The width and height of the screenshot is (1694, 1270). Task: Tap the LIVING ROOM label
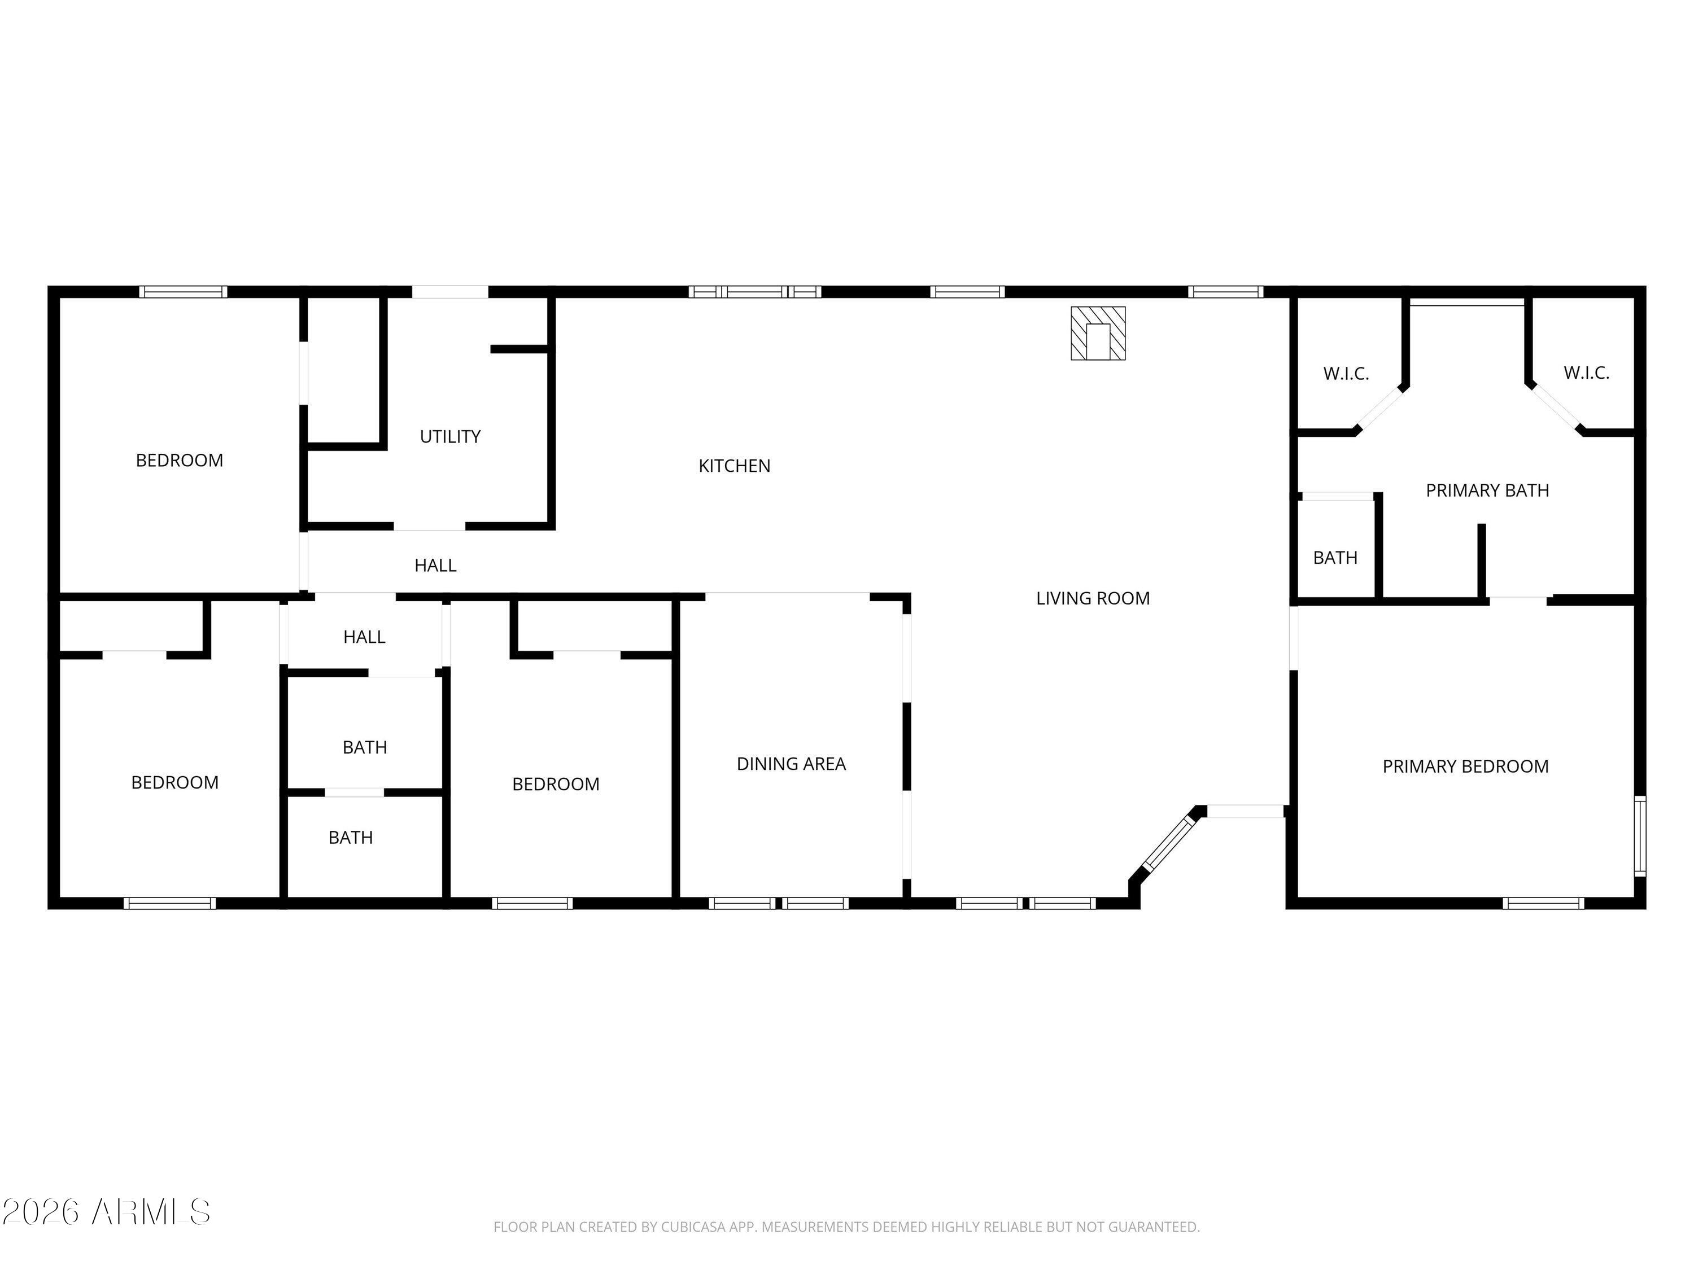pyautogui.click(x=1092, y=598)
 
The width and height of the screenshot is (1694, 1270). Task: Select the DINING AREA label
pyautogui.click(x=791, y=763)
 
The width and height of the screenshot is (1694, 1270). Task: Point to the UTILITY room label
pyautogui.click(x=449, y=436)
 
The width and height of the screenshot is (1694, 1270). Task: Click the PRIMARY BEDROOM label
pyautogui.click(x=1464, y=767)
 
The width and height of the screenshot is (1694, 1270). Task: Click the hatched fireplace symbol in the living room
pyautogui.click(x=1097, y=333)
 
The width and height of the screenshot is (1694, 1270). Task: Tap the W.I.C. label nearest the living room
pyautogui.click(x=1346, y=374)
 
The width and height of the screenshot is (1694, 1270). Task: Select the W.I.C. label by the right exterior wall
pyautogui.click(x=1586, y=373)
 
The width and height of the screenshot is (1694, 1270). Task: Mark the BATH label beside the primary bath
pyautogui.click(x=1335, y=557)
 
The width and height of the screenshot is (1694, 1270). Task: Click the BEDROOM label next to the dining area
pyautogui.click(x=555, y=784)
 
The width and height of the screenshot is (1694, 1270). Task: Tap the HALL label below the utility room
pyautogui.click(x=435, y=565)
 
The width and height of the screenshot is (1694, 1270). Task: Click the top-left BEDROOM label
pyautogui.click(x=179, y=460)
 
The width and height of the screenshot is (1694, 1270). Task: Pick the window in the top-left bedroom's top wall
pyautogui.click(x=183, y=292)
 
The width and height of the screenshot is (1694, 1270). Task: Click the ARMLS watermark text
pyautogui.click(x=107, y=1212)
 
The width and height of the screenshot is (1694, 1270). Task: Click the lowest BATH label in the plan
pyautogui.click(x=350, y=838)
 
